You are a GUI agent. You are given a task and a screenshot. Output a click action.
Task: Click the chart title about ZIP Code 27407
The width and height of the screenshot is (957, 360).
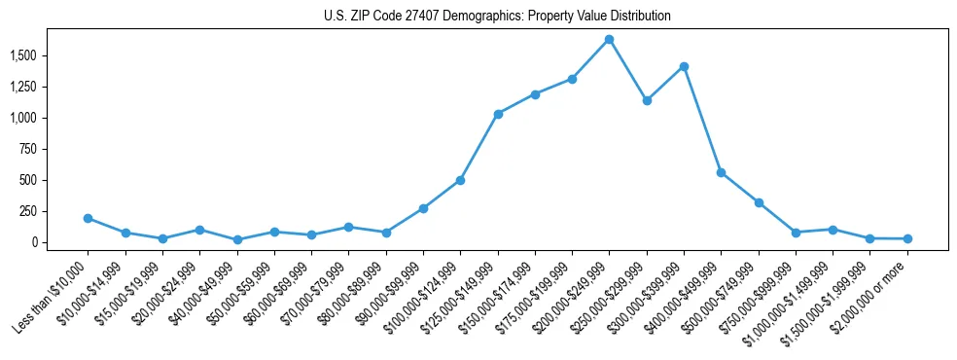point(497,16)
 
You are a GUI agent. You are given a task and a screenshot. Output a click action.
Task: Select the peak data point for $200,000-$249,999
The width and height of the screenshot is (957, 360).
point(609,40)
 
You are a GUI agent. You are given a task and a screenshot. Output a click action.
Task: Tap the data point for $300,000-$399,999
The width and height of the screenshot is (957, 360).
point(684,66)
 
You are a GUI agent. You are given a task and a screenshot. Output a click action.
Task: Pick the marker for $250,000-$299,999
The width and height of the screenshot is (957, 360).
point(647,100)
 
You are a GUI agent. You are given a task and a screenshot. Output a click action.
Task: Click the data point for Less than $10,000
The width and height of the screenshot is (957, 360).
point(88,218)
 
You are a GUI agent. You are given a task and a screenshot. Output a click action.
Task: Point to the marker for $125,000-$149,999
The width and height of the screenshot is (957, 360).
point(498,114)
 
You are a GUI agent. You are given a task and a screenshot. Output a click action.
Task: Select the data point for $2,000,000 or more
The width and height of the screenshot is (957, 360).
point(907,238)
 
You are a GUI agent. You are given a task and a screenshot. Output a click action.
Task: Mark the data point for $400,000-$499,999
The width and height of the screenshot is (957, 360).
point(721,172)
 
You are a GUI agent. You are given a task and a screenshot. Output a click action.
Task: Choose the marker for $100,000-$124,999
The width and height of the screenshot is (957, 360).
point(460,180)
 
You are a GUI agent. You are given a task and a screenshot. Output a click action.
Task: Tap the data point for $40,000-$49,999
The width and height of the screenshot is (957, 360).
point(237,239)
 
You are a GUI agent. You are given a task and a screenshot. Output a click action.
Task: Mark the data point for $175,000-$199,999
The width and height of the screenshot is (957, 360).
point(572,79)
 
